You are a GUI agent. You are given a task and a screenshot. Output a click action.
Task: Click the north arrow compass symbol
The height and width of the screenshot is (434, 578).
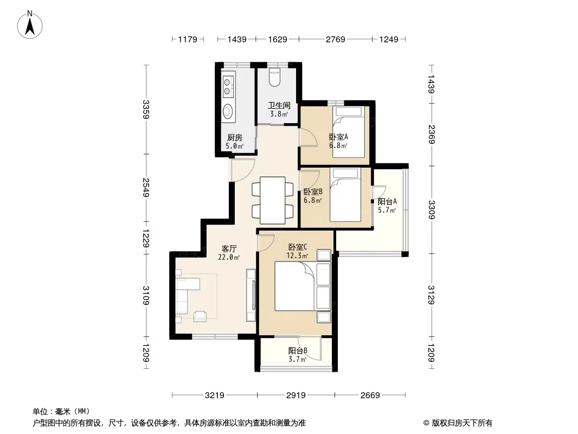pos(30,25)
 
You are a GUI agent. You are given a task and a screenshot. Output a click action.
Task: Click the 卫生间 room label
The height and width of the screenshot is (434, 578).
pos(279,105)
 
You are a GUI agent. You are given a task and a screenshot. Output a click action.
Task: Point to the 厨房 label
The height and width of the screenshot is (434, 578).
pos(234,138)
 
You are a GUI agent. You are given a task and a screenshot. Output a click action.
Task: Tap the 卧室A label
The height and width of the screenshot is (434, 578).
pos(338,137)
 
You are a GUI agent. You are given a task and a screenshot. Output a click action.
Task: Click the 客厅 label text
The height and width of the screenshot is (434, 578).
pos(229,248)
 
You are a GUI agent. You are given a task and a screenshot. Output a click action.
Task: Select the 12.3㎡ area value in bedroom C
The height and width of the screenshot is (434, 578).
pos(298,256)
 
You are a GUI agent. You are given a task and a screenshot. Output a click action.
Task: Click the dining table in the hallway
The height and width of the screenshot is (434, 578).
pos(272,200)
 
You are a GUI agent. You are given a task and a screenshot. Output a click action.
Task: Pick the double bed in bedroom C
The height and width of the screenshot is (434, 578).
pos(294,286)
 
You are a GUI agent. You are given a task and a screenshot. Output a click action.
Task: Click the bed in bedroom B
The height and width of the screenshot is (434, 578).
pos(345,195)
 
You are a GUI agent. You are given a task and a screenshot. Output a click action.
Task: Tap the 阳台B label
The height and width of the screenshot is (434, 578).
pos(298,350)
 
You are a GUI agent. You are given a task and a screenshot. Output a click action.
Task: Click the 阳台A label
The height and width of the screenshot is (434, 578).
pos(387,201)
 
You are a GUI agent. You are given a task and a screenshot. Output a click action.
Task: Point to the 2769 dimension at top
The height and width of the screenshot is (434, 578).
pos(335,39)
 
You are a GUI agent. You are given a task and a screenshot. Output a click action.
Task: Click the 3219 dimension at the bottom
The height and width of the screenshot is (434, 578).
pos(215,395)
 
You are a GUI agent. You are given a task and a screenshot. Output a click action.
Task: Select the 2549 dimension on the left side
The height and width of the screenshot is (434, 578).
pos(146,187)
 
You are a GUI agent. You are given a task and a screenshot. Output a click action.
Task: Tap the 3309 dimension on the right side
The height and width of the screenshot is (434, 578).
pos(432,209)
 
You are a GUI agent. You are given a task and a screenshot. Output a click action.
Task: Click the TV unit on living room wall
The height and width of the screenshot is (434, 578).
pos(252,295)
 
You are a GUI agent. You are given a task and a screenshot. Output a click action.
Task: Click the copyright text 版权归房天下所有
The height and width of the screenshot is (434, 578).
pos(461,423)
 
